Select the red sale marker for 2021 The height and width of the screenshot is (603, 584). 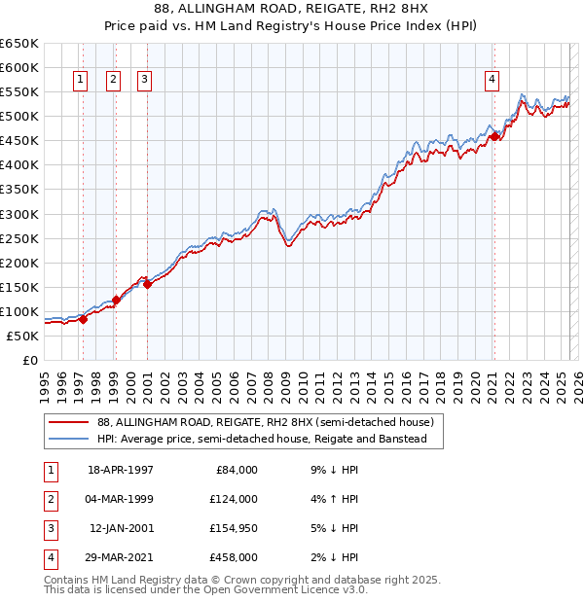click(494, 137)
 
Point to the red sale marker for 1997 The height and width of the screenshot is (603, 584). click(83, 319)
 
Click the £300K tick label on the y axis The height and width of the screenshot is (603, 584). click(18, 214)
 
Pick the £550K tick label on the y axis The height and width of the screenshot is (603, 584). click(18, 92)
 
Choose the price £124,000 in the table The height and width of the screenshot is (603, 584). click(233, 499)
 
